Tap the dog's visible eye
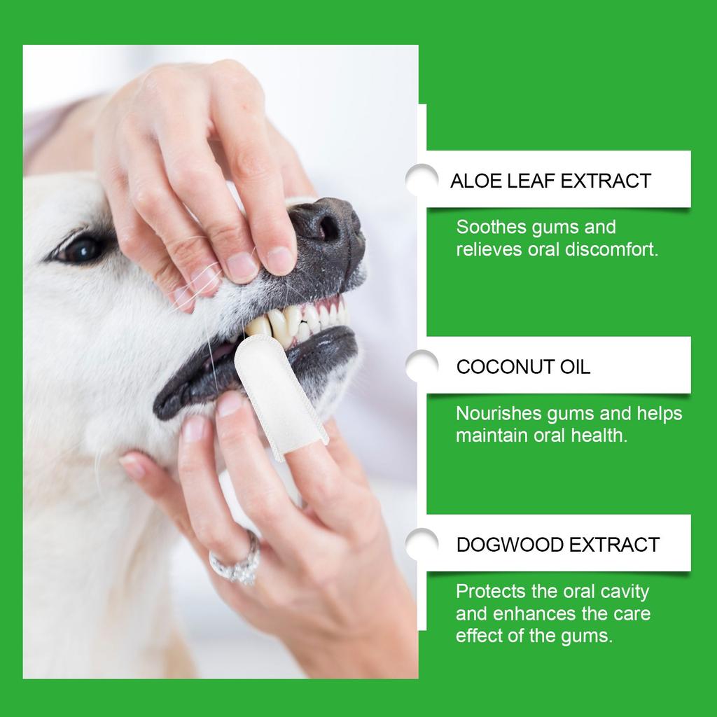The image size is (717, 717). tap(83, 248)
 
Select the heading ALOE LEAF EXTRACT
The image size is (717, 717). tap(550, 181)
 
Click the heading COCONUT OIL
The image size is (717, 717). tap(523, 367)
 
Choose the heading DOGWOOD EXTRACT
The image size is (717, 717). tap(557, 544)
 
